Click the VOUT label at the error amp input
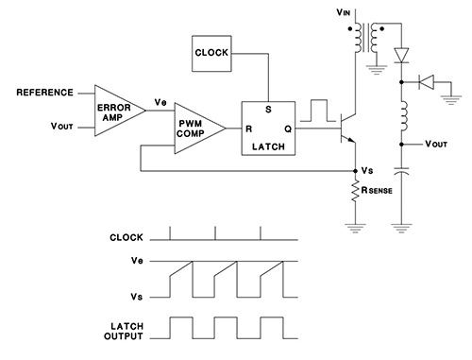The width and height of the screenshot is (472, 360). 64,126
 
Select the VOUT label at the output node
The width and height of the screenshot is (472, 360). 435,145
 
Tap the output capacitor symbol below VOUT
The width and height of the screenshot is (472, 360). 403,176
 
